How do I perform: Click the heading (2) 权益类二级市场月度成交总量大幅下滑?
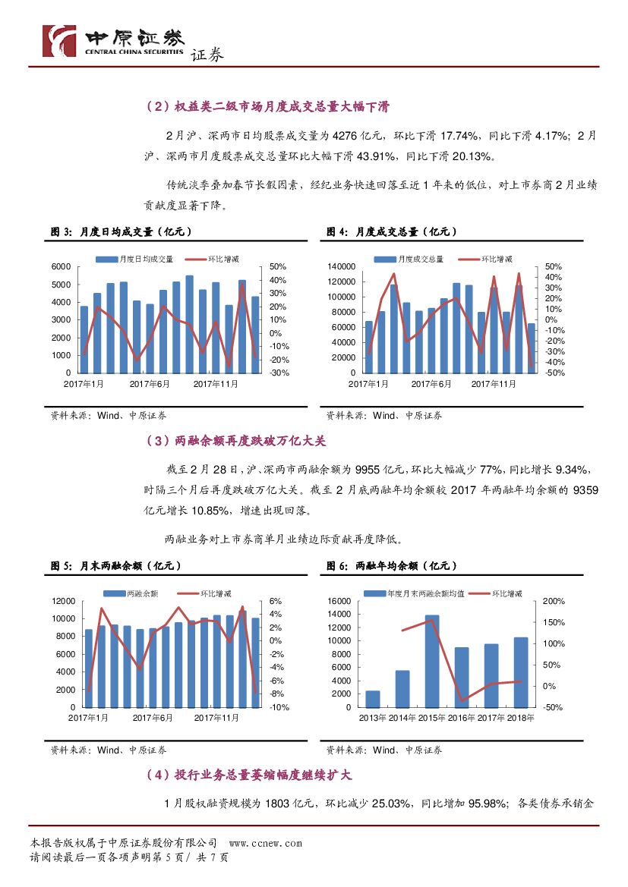pyautogui.click(x=267, y=107)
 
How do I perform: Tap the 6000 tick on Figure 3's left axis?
pyautogui.click(x=62, y=266)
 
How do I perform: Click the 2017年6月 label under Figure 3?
pyautogui.click(x=150, y=385)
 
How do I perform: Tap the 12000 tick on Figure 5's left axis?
pyautogui.click(x=63, y=601)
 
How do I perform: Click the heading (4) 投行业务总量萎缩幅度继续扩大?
pyautogui.click(x=248, y=775)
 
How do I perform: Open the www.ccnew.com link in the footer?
pyautogui.click(x=265, y=843)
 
